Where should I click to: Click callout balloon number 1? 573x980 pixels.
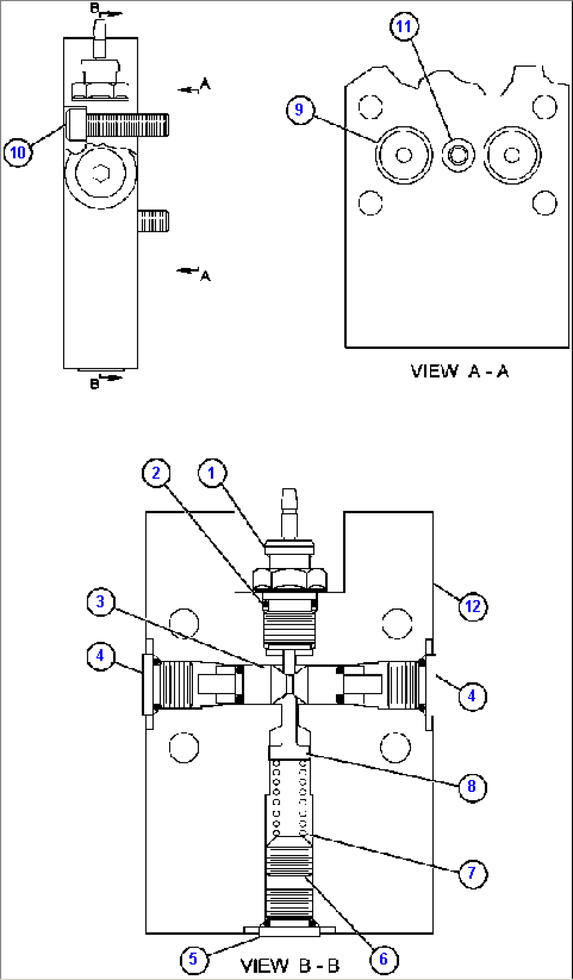click(212, 473)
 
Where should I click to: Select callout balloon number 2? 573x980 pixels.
click(156, 473)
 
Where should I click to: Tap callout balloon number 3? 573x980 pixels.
click(100, 602)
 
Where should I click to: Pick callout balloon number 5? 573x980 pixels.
click(193, 958)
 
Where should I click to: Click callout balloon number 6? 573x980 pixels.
click(383, 959)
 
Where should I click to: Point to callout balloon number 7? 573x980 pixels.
click(472, 873)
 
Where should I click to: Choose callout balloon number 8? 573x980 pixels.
click(472, 786)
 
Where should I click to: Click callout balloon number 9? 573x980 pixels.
click(300, 109)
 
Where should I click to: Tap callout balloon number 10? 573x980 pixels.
click(18, 152)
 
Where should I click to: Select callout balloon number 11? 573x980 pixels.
click(404, 26)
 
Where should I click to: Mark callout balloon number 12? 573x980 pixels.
click(473, 606)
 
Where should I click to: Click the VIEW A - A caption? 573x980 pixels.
click(459, 372)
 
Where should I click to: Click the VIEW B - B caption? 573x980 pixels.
click(290, 966)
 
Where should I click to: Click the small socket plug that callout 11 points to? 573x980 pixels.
click(458, 155)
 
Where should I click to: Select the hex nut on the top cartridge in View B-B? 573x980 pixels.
click(290, 579)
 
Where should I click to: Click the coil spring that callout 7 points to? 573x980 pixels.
click(289, 799)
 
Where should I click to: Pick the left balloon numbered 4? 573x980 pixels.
click(100, 655)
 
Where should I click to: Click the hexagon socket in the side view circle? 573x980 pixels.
click(100, 173)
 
